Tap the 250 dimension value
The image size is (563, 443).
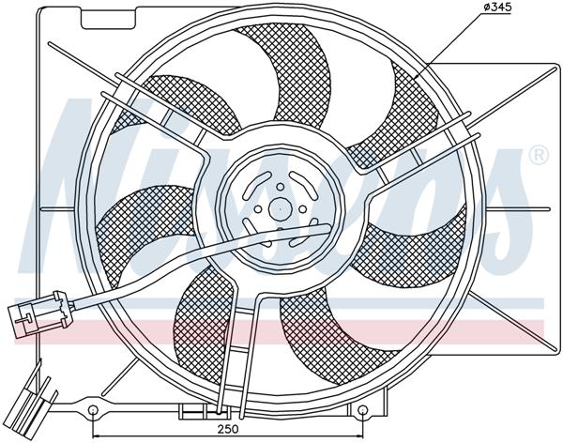[230, 431]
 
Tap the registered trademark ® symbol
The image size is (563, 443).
[538, 154]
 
